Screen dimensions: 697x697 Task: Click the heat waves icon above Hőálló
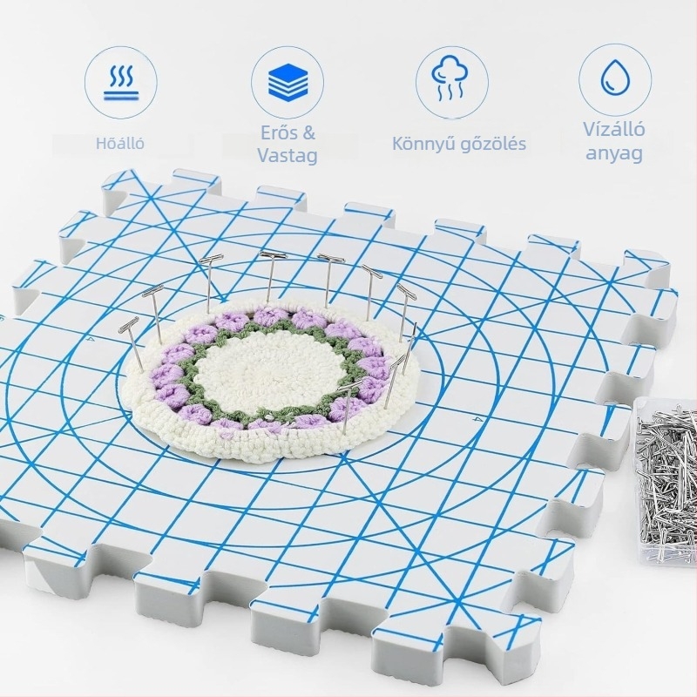point(120,82)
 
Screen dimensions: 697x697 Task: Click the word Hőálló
point(120,143)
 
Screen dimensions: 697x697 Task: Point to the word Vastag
point(288,156)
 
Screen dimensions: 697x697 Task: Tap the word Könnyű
point(423,144)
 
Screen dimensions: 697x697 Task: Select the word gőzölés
point(493,144)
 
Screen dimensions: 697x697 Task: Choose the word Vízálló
point(614,129)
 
